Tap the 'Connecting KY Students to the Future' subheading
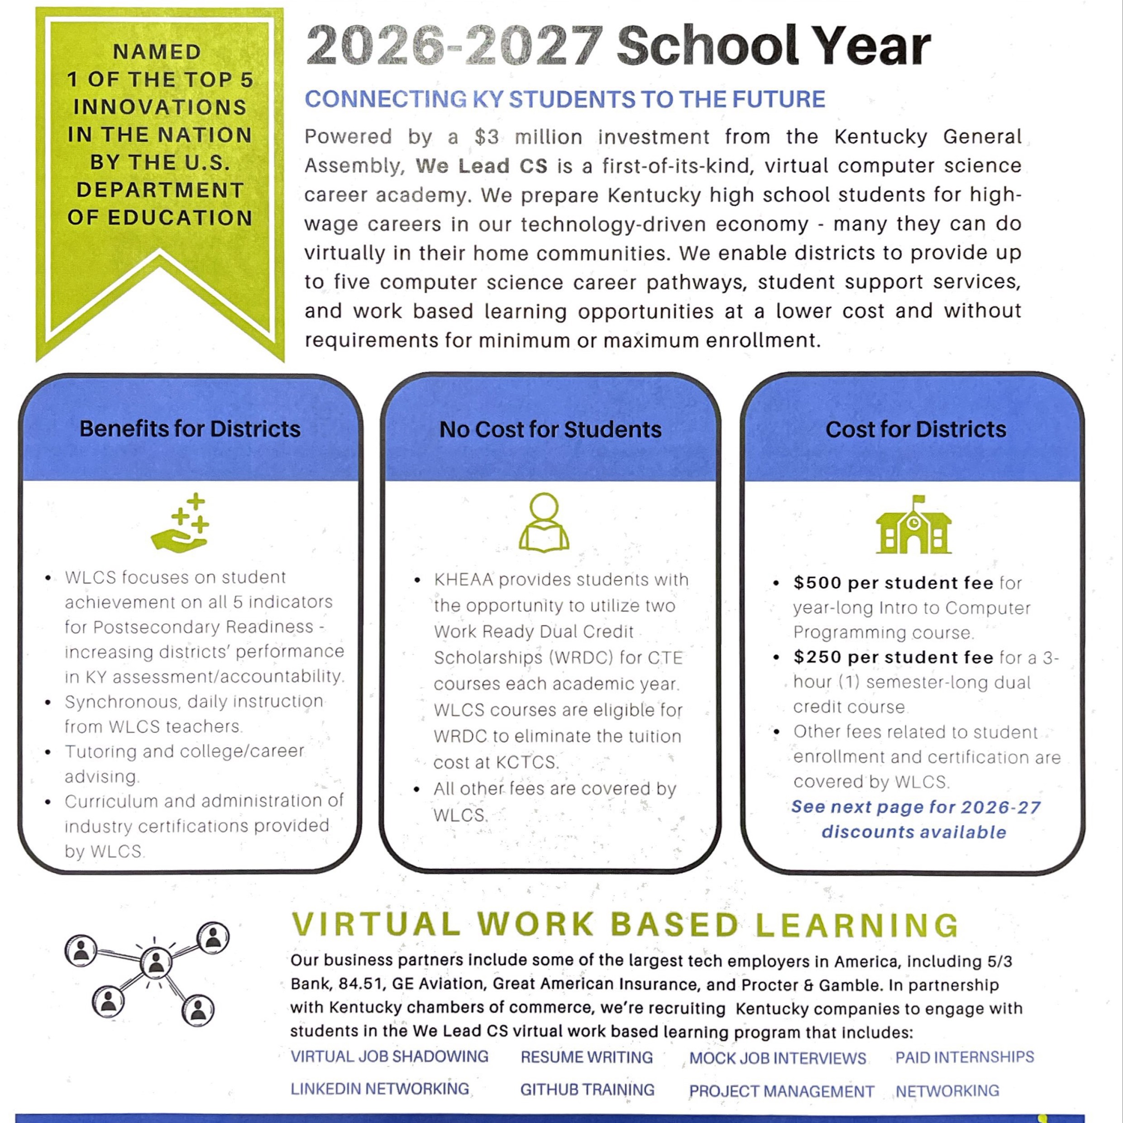564,100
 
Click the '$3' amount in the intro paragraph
486,137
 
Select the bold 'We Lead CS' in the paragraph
481,166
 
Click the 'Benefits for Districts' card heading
190,429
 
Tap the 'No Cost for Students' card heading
550,430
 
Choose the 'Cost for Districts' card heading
916,430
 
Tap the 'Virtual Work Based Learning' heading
625,925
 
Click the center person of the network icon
156,964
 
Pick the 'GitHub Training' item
587,1090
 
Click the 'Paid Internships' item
964,1057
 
